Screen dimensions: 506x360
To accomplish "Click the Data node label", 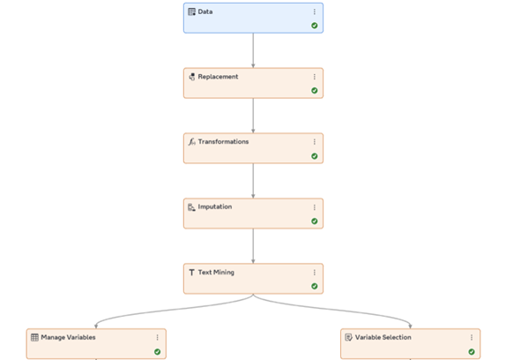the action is click(205, 11).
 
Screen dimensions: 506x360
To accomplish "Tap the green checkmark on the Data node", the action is click(315, 26).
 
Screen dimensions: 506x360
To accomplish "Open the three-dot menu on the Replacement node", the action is click(315, 77).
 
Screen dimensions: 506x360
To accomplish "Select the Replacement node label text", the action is click(218, 77).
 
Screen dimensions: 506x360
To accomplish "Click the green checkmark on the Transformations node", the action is click(315, 156).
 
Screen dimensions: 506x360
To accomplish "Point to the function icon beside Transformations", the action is click(191, 142).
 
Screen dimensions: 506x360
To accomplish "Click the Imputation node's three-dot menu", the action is click(315, 207).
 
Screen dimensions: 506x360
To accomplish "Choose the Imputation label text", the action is click(215, 206).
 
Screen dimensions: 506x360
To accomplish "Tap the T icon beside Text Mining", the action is click(191, 273).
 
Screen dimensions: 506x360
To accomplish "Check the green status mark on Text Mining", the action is click(315, 286).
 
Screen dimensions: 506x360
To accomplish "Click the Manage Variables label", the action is click(68, 337).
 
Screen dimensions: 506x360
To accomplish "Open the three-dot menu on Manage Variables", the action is click(158, 337).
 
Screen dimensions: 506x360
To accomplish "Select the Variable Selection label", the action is click(383, 337).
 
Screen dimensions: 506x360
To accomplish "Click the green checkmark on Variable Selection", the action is click(472, 351).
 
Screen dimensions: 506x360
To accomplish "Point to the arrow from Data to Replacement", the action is click(253, 50).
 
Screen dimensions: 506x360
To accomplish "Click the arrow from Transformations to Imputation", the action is click(253, 181).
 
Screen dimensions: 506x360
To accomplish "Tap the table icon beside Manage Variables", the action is click(34, 337).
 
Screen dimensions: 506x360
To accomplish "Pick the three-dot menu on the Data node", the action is click(315, 11).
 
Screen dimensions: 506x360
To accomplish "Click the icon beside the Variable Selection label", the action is click(348, 337).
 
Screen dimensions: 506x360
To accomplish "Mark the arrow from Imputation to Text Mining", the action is click(253, 246).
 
